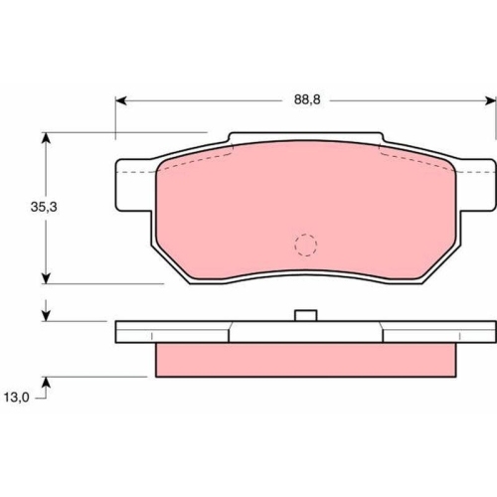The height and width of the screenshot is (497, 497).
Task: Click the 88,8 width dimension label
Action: point(307,99)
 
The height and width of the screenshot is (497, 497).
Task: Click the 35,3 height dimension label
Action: point(44,207)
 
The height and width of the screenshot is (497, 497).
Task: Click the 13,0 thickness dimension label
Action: point(17,398)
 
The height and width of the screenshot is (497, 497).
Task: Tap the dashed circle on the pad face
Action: point(305,245)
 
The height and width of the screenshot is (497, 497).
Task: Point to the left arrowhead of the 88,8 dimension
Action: point(121,100)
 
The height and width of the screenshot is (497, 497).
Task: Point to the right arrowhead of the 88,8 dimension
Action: point(490,100)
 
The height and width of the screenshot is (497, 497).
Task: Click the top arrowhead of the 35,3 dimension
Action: point(47,138)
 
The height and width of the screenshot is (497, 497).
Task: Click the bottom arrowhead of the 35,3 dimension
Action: point(47,277)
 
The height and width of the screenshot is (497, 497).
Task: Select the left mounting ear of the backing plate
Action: point(135,185)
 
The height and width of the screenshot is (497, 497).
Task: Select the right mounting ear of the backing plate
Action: point(476,185)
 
